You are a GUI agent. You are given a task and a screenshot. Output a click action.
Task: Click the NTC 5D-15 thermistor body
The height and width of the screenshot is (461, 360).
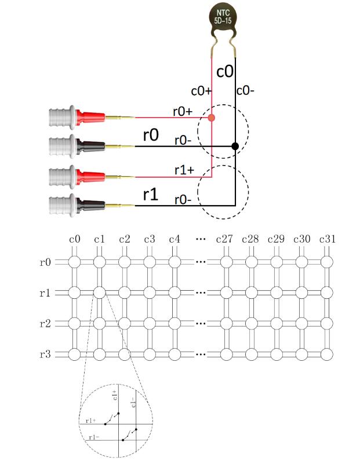tap(223, 17)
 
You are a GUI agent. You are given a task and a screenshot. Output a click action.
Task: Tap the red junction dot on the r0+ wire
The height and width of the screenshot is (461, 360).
tap(211, 118)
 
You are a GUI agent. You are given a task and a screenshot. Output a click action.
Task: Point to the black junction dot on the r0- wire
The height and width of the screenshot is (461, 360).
tap(235, 146)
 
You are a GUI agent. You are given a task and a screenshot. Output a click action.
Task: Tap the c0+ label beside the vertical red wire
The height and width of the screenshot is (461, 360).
tap(199, 92)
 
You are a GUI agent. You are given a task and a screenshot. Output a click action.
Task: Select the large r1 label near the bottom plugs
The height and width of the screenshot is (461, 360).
tap(150, 194)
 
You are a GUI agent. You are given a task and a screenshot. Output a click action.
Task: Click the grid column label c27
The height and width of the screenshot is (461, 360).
tap(224, 239)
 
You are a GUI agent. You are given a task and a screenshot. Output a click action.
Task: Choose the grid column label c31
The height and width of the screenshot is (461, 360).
tap(328, 239)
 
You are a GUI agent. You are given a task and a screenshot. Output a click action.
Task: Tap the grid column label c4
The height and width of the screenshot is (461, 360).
tap(174, 239)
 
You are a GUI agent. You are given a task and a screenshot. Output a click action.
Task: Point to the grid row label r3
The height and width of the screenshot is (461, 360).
tap(45, 353)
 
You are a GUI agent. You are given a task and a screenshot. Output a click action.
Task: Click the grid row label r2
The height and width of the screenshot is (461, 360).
tap(45, 323)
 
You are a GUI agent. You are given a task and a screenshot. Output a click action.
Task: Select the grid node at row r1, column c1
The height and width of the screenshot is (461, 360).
tap(99, 292)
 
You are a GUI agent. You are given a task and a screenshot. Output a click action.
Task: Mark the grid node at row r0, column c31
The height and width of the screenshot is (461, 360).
tap(328, 262)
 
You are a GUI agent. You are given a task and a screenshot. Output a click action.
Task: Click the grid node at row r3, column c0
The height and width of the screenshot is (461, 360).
tap(74, 353)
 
